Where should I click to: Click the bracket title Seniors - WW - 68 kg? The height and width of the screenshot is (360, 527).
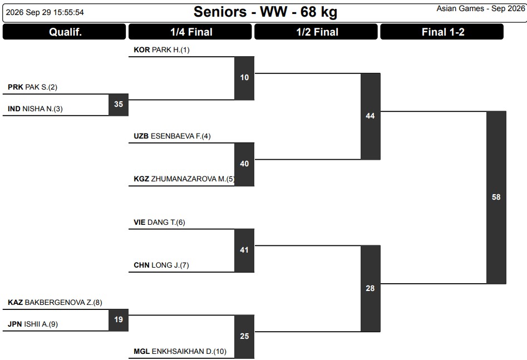265,12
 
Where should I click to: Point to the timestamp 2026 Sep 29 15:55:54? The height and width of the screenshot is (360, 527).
45,12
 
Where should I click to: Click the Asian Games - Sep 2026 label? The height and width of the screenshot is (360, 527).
481,9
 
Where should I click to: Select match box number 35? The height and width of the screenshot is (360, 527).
119,105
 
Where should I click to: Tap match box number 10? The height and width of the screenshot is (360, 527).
244,78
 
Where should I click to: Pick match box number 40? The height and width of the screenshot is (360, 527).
244,164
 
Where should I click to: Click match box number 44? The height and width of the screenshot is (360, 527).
371,116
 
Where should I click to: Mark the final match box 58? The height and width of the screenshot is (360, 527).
496,198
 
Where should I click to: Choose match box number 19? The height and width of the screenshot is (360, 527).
119,320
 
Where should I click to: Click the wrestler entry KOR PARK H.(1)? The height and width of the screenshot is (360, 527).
162,50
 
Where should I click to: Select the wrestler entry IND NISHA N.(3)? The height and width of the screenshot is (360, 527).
35,109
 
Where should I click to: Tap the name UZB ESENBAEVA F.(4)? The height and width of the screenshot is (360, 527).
172,136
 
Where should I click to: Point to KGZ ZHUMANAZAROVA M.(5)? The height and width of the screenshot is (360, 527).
184,179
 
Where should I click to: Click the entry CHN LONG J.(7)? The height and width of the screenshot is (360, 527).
161,265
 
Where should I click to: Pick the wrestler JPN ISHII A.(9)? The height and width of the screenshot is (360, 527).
33,324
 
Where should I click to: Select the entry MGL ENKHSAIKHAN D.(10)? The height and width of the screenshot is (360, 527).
180,352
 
